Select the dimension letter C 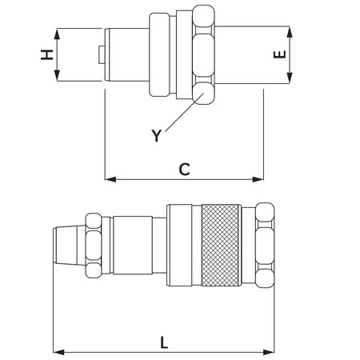[183, 169]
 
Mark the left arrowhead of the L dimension [58, 351]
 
